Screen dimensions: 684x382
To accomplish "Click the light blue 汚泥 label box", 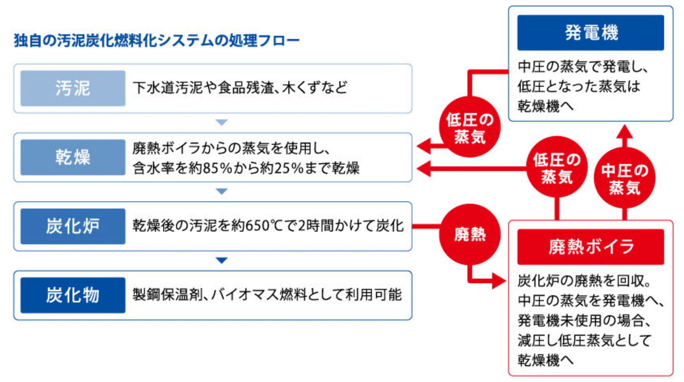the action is tap(73, 88).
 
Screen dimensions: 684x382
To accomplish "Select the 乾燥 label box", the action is tap(73, 157).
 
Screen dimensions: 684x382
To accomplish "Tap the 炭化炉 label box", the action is tap(73, 226).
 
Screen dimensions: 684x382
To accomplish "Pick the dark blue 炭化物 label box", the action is tap(73, 295).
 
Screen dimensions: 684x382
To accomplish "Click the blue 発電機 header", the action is tap(591, 33).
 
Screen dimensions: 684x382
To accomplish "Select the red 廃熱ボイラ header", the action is tap(591, 247).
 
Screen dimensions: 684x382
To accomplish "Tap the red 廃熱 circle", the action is tap(470, 235).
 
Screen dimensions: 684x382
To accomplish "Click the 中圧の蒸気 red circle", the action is tap(625, 178).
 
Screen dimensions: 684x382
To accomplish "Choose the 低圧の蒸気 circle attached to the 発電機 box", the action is tap(470, 127).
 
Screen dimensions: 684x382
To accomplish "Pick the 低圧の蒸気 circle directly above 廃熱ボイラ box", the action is tap(557, 167).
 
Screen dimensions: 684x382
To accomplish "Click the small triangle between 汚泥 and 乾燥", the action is tap(222, 122).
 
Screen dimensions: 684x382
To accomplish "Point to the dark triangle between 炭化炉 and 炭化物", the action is tap(222, 260).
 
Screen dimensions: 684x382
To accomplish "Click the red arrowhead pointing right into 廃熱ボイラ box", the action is tap(499, 281).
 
